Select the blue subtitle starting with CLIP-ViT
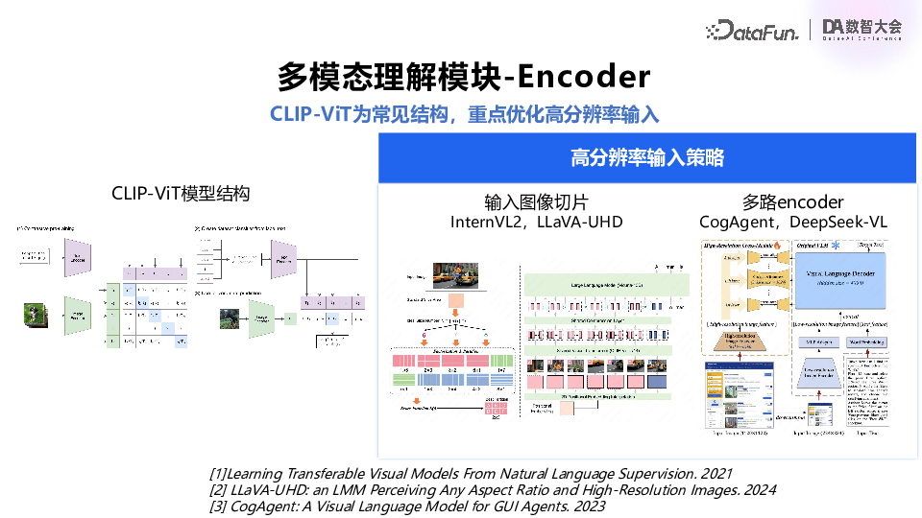coord(464,114)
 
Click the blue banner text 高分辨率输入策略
coord(646,157)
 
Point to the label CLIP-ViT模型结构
coord(181,194)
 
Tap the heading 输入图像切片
coord(536,202)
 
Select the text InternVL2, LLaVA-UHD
coord(536,223)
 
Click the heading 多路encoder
coord(792,202)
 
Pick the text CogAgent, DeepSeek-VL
coord(792,223)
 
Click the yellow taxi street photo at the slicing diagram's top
coord(456,276)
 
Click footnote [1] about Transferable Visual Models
coord(471,473)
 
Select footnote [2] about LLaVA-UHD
coord(492,489)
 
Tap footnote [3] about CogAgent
coord(407,506)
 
